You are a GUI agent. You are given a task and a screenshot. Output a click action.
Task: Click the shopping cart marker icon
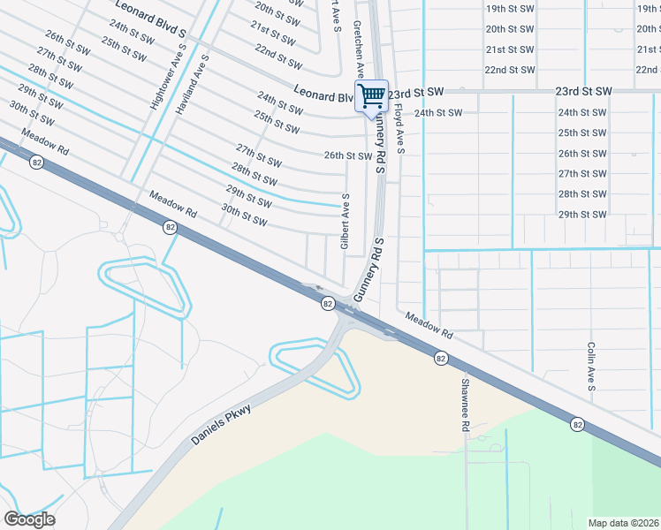pos(372,95)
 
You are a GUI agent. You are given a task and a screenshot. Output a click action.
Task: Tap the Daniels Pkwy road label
pos(220,425)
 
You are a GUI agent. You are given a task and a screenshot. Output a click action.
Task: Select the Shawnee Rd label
pos(464,405)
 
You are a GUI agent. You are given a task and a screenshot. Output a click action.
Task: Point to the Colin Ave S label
pos(591,367)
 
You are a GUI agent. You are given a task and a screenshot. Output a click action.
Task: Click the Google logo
pos(29,519)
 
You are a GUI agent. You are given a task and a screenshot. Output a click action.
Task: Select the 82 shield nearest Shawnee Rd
pos(440,358)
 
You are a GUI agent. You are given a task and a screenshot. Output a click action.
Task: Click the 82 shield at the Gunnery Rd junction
pos(327,303)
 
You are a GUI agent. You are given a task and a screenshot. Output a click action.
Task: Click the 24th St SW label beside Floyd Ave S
pos(438,113)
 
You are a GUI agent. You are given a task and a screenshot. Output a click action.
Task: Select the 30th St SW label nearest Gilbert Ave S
pos(244,215)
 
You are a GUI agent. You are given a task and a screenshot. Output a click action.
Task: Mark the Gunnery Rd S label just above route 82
pos(369,269)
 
